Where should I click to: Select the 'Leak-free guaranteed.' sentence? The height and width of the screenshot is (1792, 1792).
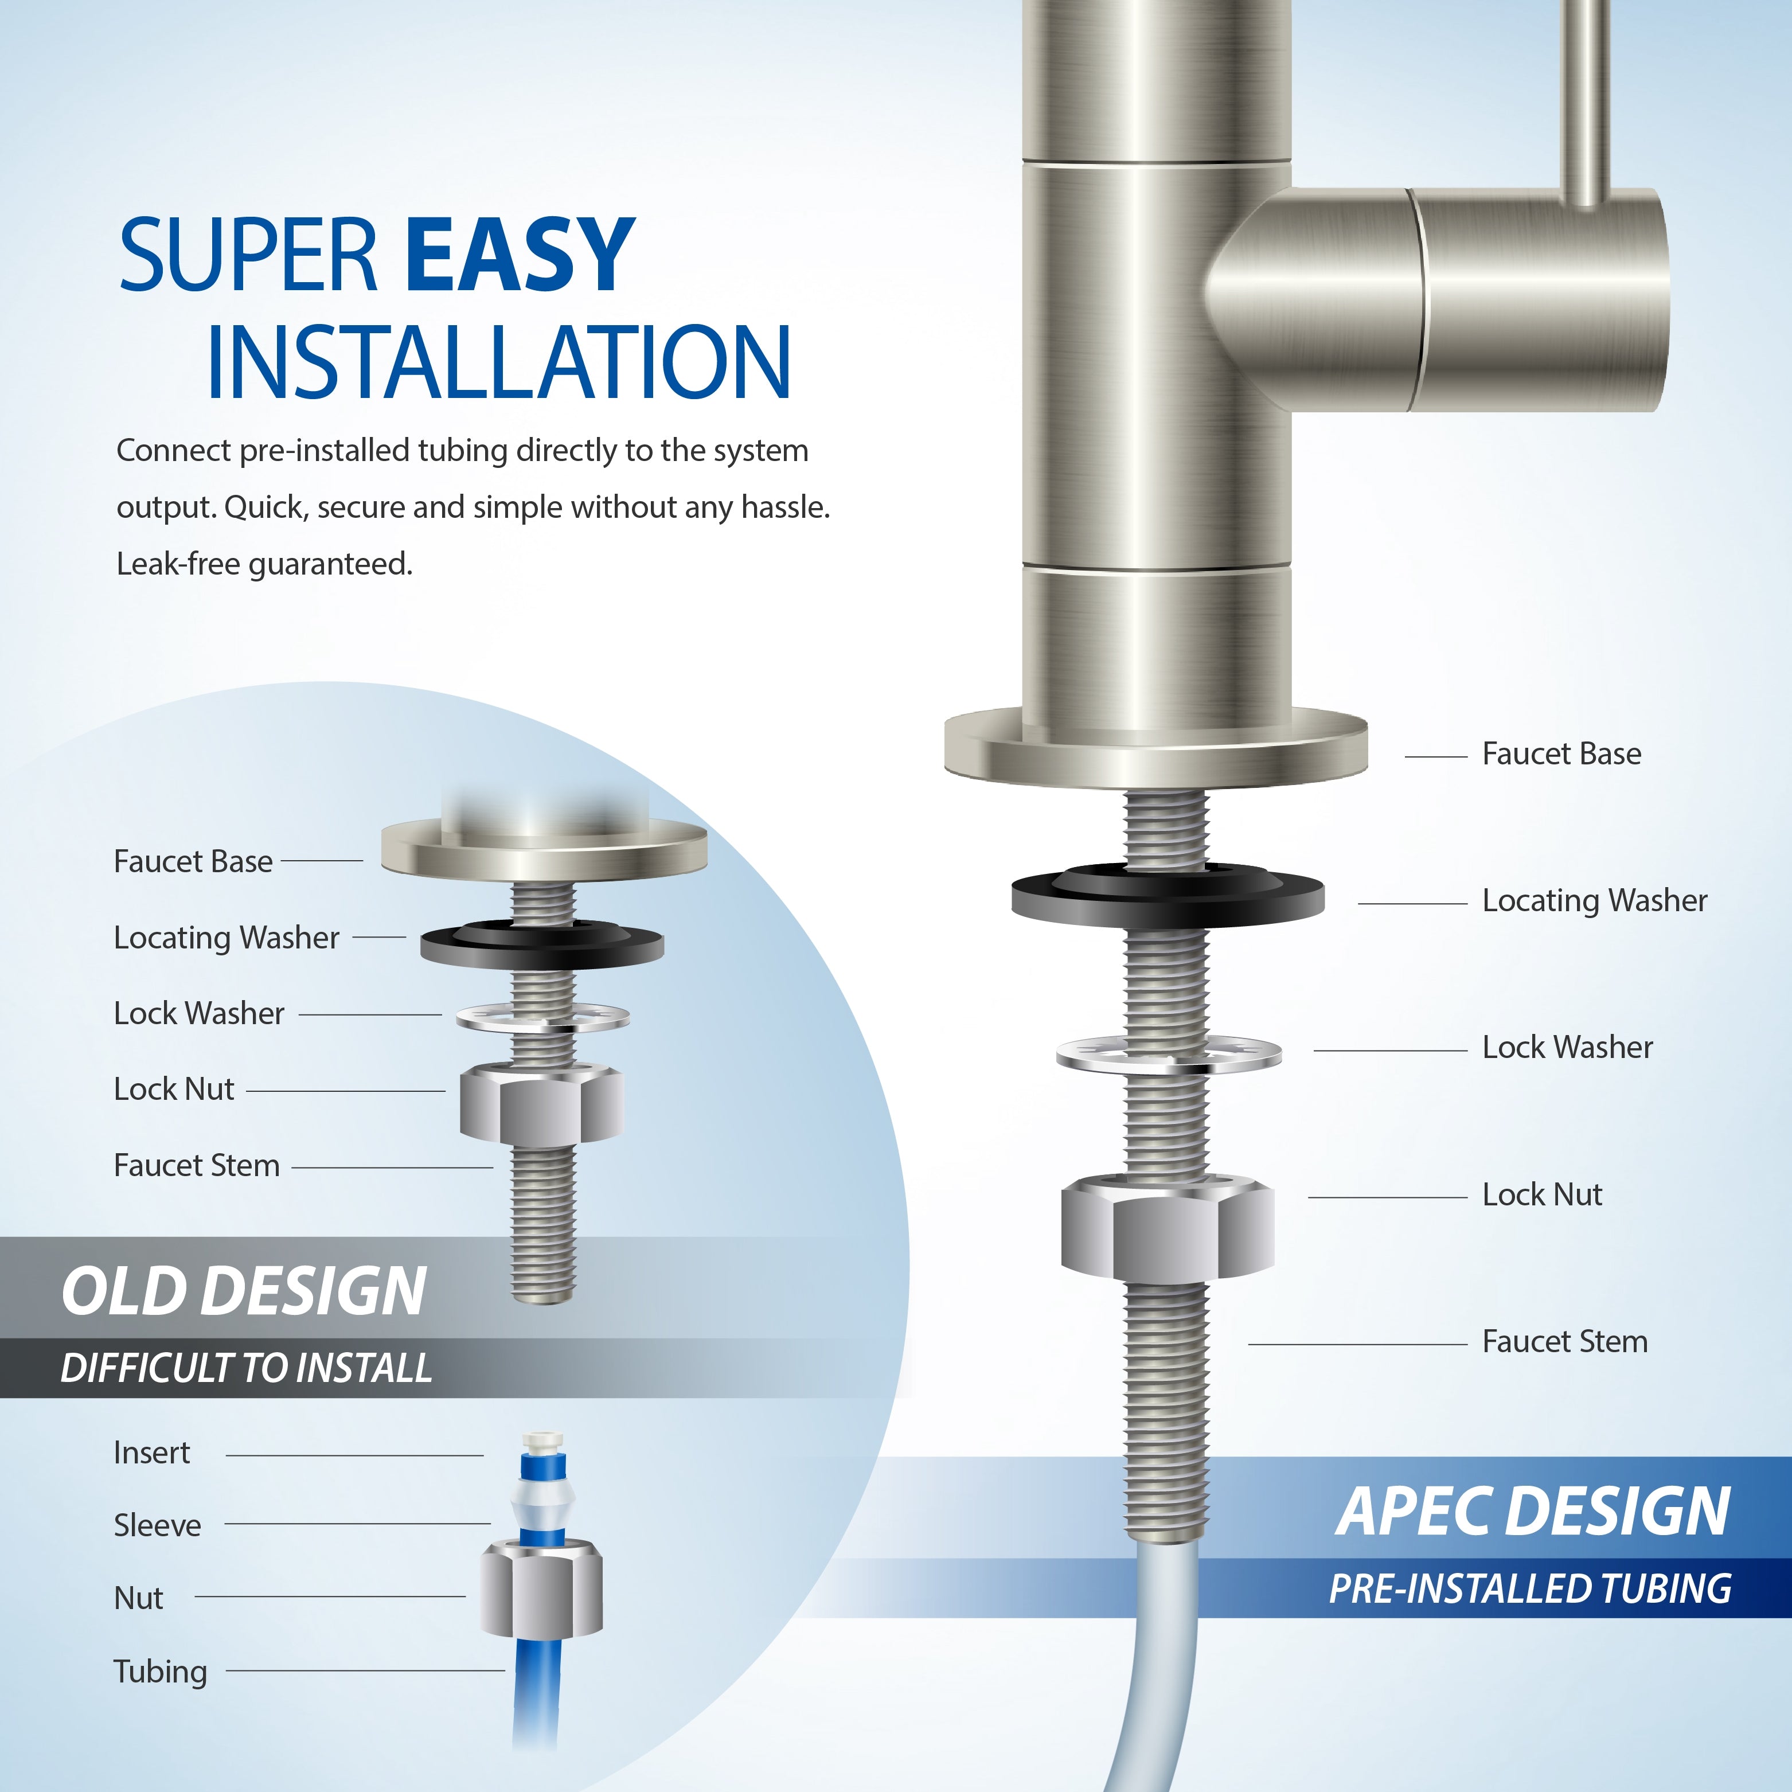(264, 564)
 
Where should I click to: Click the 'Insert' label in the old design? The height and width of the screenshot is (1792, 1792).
(151, 1453)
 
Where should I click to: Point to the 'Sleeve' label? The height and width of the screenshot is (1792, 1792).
(157, 1526)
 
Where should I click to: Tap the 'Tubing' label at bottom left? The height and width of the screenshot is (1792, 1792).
(159, 1672)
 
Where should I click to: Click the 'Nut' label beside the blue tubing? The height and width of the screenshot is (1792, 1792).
(138, 1598)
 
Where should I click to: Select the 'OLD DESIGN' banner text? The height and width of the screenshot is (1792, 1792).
(243, 1291)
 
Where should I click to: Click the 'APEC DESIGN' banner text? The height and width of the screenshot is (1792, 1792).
(1532, 1513)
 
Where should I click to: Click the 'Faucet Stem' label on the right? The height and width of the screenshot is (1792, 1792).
(1565, 1342)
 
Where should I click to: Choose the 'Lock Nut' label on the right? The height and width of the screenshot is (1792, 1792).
(1541, 1194)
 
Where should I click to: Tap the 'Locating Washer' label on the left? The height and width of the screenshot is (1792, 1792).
(227, 938)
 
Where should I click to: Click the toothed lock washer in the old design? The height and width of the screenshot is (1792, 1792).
(542, 1017)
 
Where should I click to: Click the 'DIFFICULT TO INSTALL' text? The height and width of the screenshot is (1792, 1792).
(246, 1369)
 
